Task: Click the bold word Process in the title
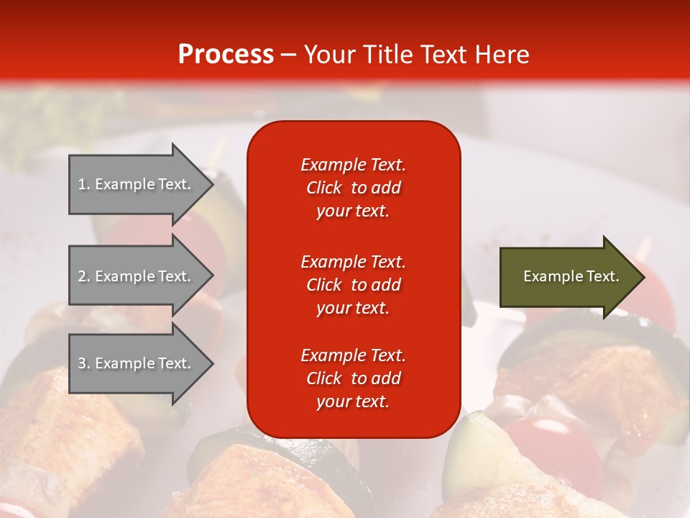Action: [226, 55]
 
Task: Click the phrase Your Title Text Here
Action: [416, 55]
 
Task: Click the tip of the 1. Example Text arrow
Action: [211, 185]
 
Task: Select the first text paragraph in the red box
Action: [353, 188]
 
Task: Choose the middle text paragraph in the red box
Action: [353, 285]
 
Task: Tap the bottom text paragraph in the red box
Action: [353, 378]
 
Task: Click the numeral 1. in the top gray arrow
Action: [84, 184]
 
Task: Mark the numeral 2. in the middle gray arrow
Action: [84, 276]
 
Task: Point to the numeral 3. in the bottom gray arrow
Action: [84, 363]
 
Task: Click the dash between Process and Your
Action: [288, 55]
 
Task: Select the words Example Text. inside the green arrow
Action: [571, 276]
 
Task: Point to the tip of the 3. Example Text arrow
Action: [211, 364]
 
